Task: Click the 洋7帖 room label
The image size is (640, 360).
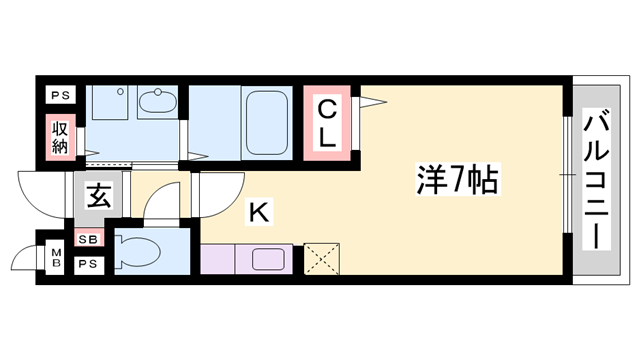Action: (457, 181)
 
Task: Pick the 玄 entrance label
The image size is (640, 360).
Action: (97, 194)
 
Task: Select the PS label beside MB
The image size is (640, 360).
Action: (88, 264)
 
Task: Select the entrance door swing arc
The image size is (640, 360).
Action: (40, 193)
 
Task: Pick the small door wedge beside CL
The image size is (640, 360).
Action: (370, 101)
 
